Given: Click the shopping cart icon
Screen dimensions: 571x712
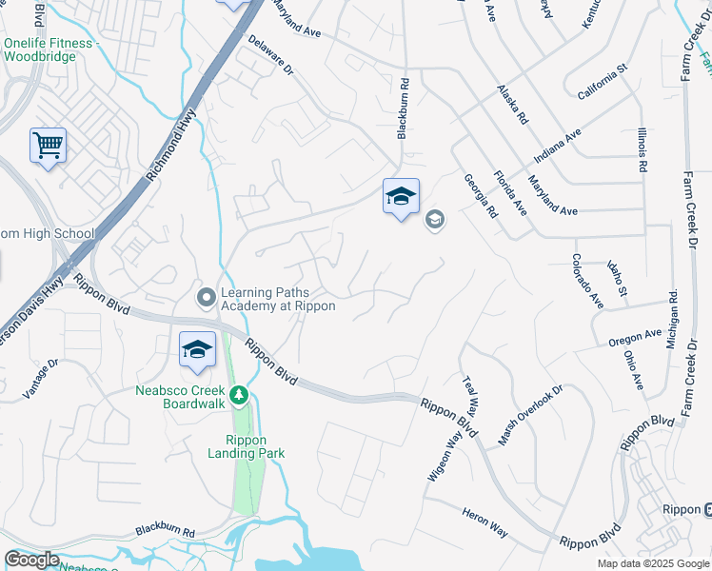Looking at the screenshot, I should pos(48,146).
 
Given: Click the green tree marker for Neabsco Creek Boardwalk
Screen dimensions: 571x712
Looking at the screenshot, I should pos(241,394).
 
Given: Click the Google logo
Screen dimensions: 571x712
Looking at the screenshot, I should pos(32,560).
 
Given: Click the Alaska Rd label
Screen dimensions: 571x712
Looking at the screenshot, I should pos(511,104).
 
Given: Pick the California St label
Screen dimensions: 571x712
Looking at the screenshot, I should pos(603,82).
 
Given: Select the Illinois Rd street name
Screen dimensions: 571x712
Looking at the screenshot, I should pos(643,151).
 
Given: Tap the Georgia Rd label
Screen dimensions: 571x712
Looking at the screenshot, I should pos(481,195).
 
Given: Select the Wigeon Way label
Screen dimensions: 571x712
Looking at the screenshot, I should pos(445,455).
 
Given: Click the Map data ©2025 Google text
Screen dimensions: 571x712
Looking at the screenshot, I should pos(654,563).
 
